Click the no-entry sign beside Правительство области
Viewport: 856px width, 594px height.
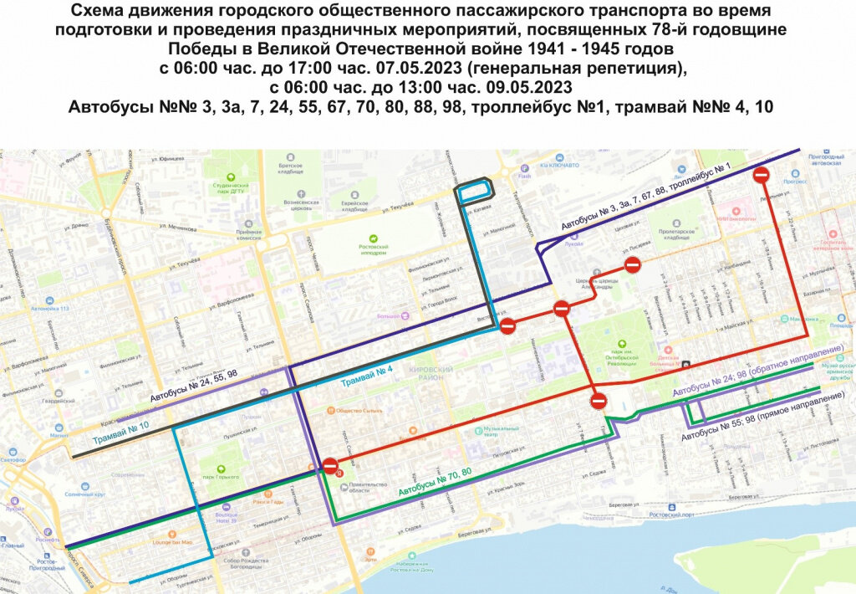330,466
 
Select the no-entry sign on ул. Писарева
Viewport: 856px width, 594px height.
633,264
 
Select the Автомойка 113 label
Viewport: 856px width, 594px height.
51,309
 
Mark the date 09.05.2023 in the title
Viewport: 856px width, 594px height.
520,87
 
